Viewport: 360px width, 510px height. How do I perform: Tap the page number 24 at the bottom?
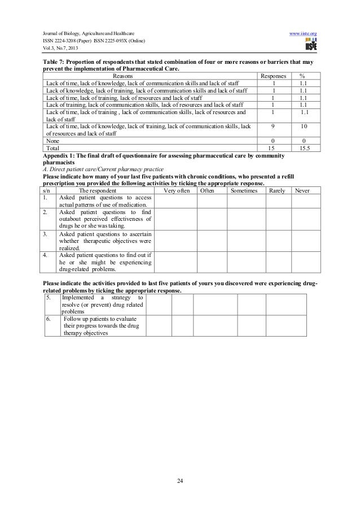[180, 480]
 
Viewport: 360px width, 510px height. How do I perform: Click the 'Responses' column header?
[273, 75]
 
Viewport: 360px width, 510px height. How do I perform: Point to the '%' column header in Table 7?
[303, 75]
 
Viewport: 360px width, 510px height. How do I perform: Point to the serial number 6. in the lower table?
[50, 318]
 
